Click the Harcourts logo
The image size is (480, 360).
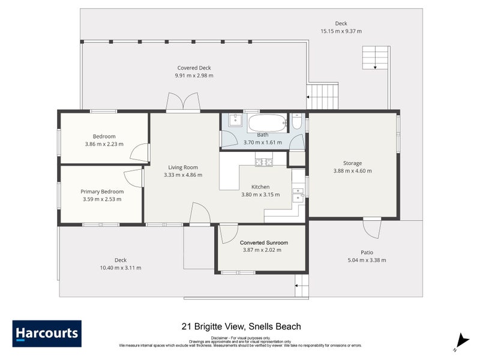[47, 334]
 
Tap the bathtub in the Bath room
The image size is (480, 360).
[267, 123]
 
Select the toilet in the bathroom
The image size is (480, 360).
[296, 123]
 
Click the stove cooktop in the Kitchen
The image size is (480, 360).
[264, 161]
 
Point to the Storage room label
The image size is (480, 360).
[352, 163]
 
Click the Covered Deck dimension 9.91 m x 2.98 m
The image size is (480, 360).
[194, 76]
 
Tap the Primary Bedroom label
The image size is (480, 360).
[102, 191]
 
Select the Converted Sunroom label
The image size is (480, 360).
[264, 242]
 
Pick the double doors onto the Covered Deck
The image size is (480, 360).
[183, 103]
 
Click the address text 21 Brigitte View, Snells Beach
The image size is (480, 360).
[241, 327]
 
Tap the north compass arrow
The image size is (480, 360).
[461, 340]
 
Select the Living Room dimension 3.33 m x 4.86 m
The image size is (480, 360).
[183, 175]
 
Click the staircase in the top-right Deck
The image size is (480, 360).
[375, 58]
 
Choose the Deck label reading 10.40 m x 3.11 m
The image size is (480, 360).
[121, 268]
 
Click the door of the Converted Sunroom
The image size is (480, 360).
[228, 233]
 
